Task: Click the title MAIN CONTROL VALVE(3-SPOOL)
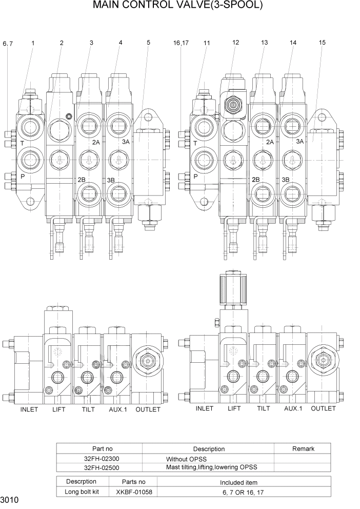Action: pyautogui.click(x=177, y=7)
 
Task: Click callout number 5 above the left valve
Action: pyautogui.click(x=148, y=43)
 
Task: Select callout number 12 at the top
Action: pyautogui.click(x=235, y=43)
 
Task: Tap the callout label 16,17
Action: pyautogui.click(x=181, y=43)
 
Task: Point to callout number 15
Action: pyautogui.click(x=322, y=43)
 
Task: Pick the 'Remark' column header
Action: pyautogui.click(x=303, y=448)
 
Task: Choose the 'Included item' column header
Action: pyautogui.click(x=238, y=482)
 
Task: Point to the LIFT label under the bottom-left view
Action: pyautogui.click(x=59, y=409)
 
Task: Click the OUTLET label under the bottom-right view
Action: pyautogui.click(x=323, y=408)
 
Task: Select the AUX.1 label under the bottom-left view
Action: pyautogui.click(x=119, y=409)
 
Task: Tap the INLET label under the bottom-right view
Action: pyautogui.click(x=205, y=408)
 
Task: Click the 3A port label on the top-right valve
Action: pyautogui.click(x=301, y=141)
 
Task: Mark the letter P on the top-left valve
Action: pyautogui.click(x=22, y=175)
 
